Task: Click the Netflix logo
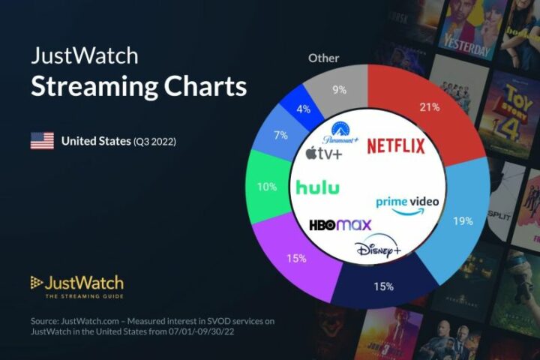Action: pos(395,145)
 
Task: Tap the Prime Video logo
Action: pos(407,204)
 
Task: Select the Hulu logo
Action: pos(316,187)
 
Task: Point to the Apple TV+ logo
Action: pos(322,154)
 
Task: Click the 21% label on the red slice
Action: pos(429,107)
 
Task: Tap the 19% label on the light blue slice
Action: pos(463,221)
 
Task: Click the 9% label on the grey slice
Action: pos(339,91)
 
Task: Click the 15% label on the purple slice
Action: pos(295,259)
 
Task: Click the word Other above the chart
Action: pos(323,58)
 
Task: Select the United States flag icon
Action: pos(42,141)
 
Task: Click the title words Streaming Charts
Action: pos(138,86)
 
